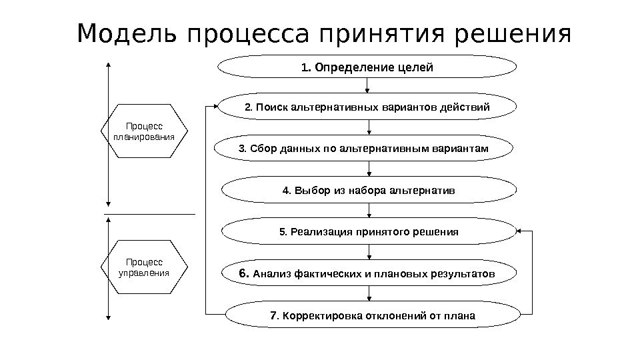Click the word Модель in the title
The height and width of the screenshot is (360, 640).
click(x=128, y=33)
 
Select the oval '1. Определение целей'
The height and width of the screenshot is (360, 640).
click(x=367, y=67)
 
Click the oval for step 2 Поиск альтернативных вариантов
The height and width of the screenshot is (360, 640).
click(x=367, y=107)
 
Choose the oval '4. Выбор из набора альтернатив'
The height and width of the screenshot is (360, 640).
click(x=369, y=190)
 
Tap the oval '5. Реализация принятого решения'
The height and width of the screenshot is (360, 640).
click(x=369, y=232)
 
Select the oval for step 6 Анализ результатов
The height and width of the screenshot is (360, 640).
click(x=369, y=274)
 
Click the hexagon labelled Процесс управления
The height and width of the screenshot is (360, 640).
click(x=144, y=267)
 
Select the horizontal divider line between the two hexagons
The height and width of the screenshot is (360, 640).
click(x=149, y=214)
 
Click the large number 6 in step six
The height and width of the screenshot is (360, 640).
click(x=244, y=273)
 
